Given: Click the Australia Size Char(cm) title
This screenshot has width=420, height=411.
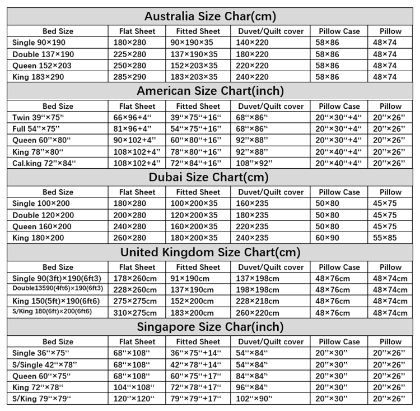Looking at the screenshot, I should [x=210, y=16].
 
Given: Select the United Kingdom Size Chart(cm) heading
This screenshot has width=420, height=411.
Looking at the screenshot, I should [x=210, y=252].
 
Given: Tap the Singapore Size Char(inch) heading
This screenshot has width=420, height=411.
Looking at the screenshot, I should [x=210, y=327].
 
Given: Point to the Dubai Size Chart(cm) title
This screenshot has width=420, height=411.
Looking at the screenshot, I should [x=210, y=178].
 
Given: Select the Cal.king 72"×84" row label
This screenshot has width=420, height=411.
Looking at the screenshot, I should [x=44, y=163].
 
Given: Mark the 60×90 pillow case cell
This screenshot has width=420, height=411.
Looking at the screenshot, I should [x=328, y=238].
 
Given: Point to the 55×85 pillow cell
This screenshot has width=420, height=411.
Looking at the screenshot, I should [x=385, y=238].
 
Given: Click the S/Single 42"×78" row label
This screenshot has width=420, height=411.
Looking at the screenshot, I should [x=44, y=364].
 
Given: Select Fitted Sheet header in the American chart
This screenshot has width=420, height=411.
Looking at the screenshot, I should [x=198, y=106].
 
